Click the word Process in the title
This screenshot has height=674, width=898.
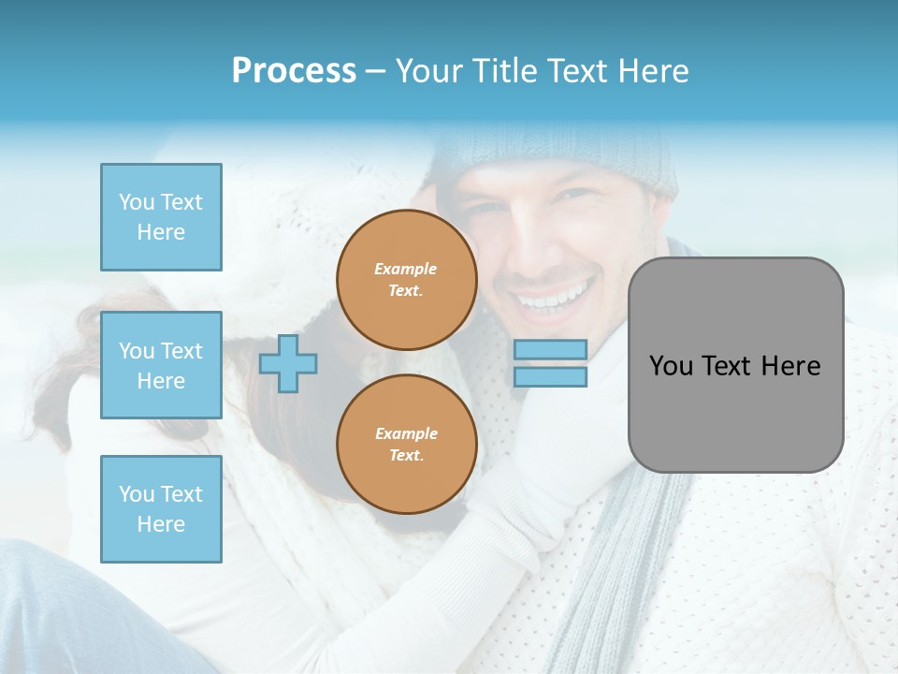point(294,71)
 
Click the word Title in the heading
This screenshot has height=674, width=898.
point(508,71)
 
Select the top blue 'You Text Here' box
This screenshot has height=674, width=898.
point(161,217)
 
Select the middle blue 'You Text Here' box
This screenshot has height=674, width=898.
point(161,365)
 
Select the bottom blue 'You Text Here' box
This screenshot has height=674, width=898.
point(161,509)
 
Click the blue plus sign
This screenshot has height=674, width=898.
point(288,363)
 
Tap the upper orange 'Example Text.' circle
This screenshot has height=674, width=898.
point(406,280)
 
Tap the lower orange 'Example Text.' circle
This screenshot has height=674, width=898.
point(406,445)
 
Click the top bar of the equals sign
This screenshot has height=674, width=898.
point(550,349)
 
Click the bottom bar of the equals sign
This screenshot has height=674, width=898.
point(550,376)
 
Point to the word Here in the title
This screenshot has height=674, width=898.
point(652,71)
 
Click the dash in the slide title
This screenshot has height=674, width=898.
point(375,71)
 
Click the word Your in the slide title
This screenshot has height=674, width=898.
point(429,71)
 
